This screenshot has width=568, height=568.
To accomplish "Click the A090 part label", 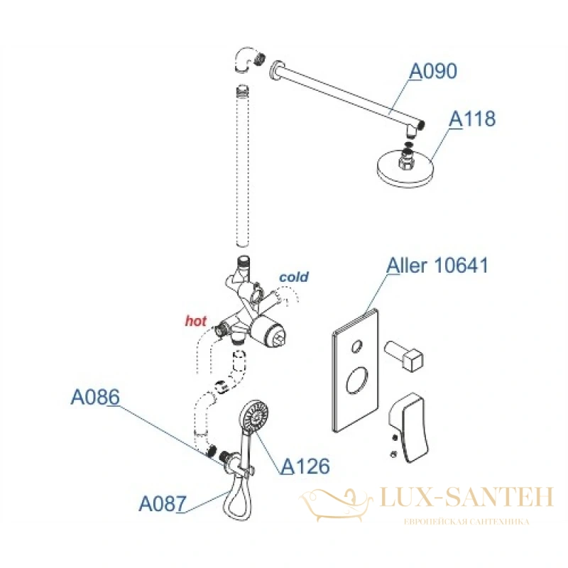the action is [x=433, y=72].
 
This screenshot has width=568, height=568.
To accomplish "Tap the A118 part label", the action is [x=472, y=119].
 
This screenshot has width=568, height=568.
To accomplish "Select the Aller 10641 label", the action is [x=437, y=265].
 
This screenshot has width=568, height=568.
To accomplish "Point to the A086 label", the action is [x=95, y=397].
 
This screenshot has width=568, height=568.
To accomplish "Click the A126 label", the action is [x=305, y=466].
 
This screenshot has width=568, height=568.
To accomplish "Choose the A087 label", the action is [x=163, y=503].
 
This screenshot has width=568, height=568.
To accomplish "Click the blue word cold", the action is [x=294, y=277].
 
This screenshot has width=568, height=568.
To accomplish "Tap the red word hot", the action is [x=196, y=321].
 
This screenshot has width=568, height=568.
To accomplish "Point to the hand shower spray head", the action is [x=254, y=416].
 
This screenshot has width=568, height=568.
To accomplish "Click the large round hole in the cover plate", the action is [x=357, y=381].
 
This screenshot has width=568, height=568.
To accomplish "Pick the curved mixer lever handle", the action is [x=409, y=427].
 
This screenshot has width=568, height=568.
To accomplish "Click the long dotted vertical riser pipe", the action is [x=242, y=166].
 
